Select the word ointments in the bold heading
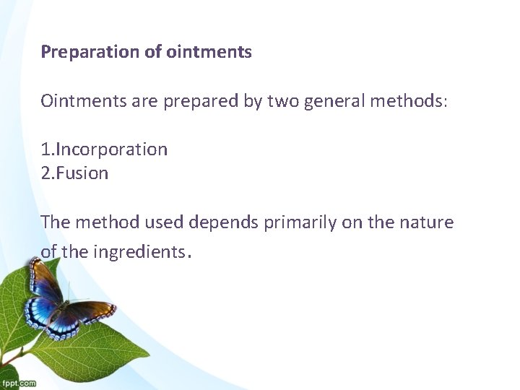point(209,52)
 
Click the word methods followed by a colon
point(409,100)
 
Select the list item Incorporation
point(111,149)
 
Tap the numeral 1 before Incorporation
point(45,149)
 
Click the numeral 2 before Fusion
point(45,173)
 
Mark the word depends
point(222,222)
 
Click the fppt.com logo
point(18,383)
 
